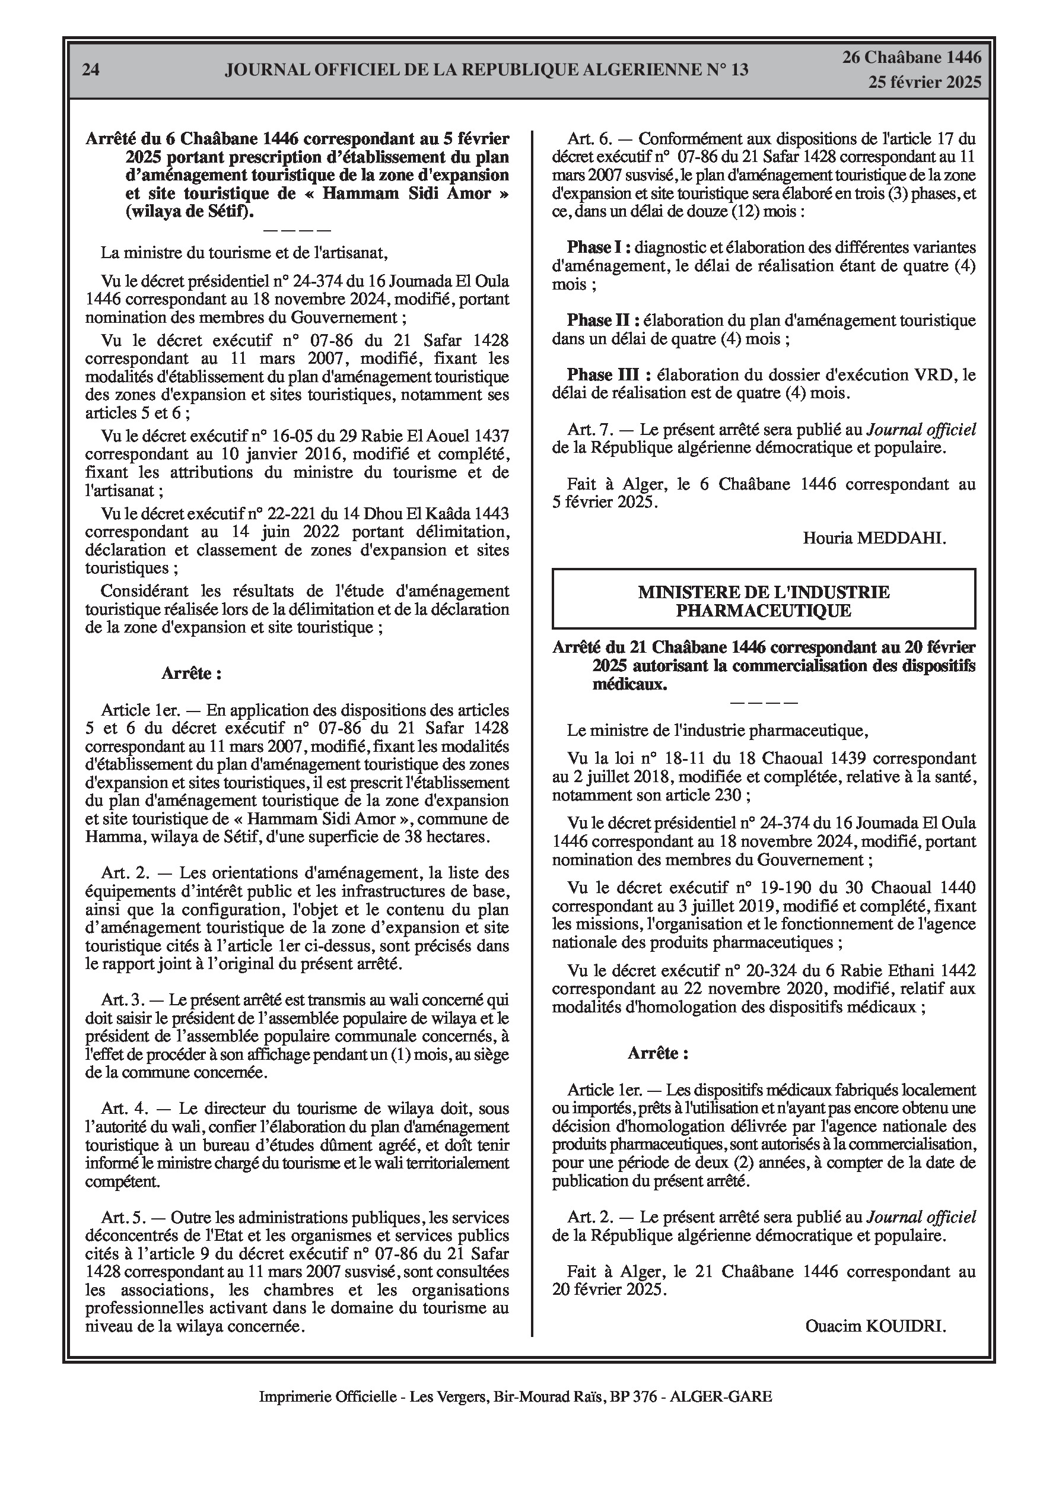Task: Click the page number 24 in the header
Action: (x=91, y=70)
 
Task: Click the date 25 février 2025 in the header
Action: (x=924, y=82)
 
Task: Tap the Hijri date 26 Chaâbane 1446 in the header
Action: (x=911, y=58)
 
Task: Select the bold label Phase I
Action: (x=599, y=247)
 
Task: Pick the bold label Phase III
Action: (x=609, y=376)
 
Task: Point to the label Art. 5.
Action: (x=123, y=1218)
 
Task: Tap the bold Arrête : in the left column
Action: (x=191, y=674)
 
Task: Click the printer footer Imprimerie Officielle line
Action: (x=515, y=1397)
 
